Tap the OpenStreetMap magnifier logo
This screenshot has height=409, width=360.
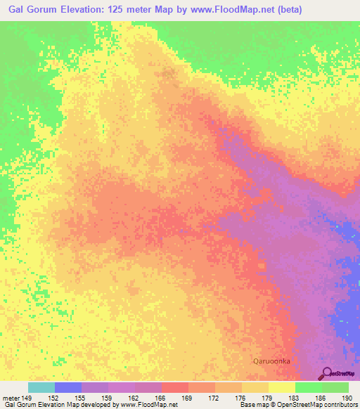click(x=327, y=373)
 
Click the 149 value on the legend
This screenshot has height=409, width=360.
click(x=27, y=397)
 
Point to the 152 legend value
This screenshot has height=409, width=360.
click(x=54, y=397)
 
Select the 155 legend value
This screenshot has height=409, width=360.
click(x=81, y=397)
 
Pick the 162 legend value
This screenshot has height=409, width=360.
click(x=134, y=397)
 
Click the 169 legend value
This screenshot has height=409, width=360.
click(x=188, y=397)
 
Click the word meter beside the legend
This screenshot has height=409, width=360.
click(x=11, y=397)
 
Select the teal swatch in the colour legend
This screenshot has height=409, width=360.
click(x=41, y=387)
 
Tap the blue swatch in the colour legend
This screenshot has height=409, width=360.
click(x=67, y=387)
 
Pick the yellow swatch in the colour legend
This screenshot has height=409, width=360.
click(x=281, y=387)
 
